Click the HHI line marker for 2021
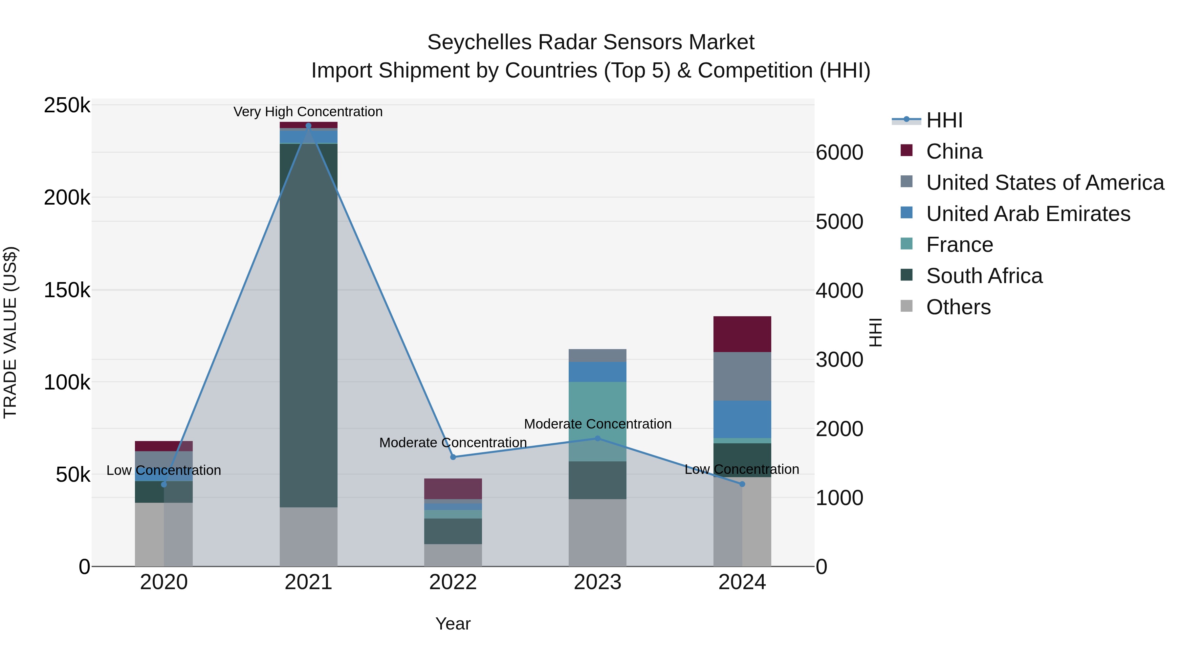308,126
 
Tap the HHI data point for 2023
598,438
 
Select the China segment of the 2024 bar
742,334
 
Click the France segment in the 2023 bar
598,421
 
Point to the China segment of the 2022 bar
453,488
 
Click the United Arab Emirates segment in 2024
742,419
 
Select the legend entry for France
959,245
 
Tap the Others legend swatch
907,306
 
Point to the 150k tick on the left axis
67,290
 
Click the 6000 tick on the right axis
839,153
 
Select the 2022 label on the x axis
453,582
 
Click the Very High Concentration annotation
308,112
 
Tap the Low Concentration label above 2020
164,470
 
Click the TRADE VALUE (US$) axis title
10,332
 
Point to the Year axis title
453,624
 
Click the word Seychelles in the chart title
479,42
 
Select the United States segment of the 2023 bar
598,356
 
